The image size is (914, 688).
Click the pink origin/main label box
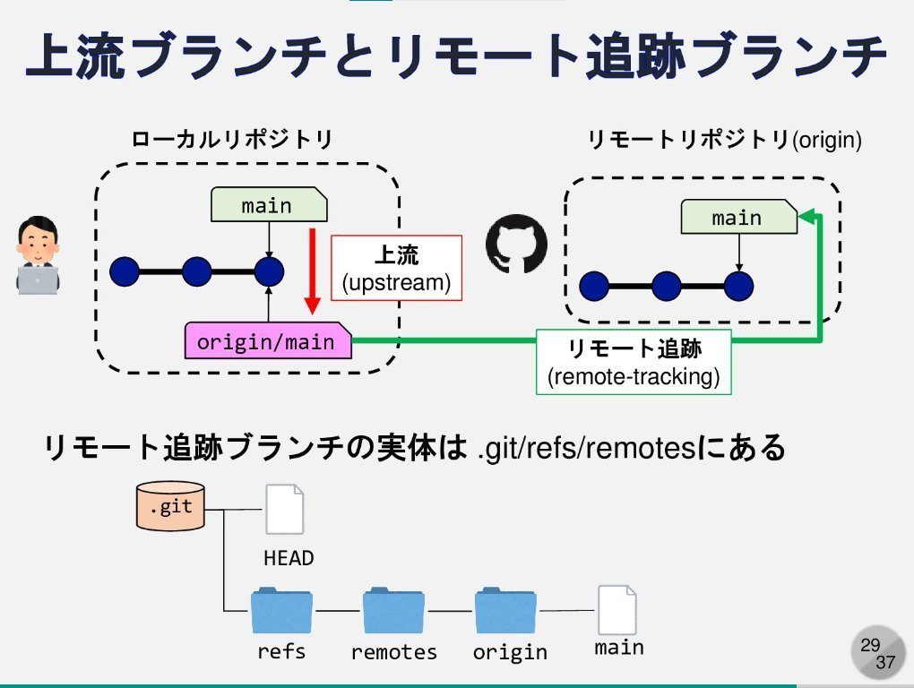click(x=267, y=341)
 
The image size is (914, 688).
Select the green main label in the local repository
click(x=267, y=205)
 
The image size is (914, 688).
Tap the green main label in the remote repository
click(x=737, y=218)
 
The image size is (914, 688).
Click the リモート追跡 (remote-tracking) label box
click(x=634, y=362)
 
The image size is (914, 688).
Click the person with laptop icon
click(x=39, y=256)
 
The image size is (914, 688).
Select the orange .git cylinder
click(x=169, y=506)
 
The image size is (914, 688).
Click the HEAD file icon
click(x=285, y=510)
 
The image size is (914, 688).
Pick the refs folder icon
click(x=281, y=611)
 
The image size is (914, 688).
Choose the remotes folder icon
click(x=393, y=611)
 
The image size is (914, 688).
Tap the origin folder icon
click(x=505, y=611)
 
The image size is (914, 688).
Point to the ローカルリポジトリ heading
click(x=232, y=140)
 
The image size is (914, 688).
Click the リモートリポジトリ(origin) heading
click(x=724, y=140)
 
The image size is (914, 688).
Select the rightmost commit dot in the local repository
click(x=269, y=270)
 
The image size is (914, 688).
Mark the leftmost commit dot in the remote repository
click(x=594, y=287)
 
